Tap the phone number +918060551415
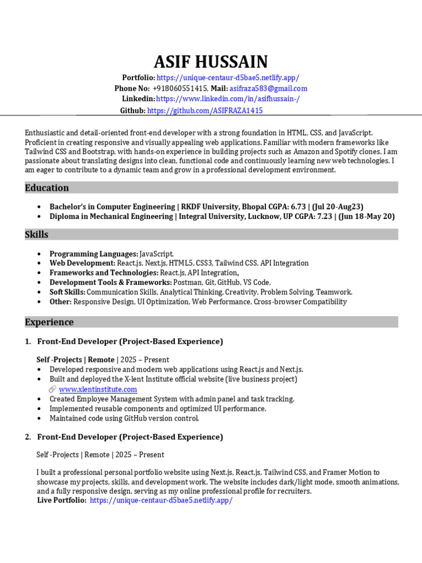180,89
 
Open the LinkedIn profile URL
228,99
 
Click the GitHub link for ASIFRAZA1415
205,111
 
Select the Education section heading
47,188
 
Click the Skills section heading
37,235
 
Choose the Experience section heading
49,322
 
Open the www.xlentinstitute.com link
98,389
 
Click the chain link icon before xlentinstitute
53,389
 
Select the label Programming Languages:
93,254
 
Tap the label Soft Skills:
68,292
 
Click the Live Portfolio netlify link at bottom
161,501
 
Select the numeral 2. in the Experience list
28,437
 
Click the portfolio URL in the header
227,78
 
